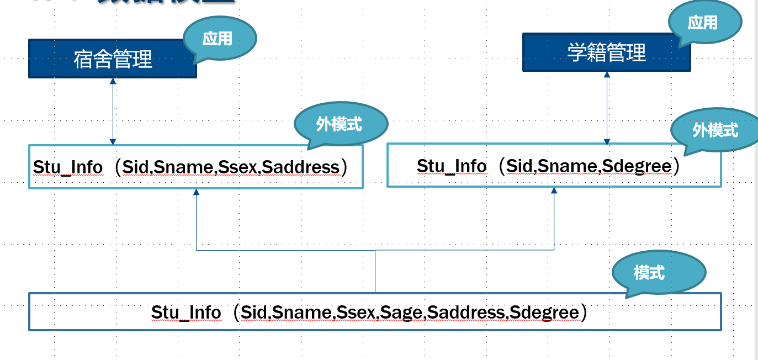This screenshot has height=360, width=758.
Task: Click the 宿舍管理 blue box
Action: point(113,59)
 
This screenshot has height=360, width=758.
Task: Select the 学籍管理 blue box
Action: point(606,52)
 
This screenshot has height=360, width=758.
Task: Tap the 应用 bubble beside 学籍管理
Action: point(703,23)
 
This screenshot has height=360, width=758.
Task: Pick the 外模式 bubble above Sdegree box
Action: point(715,130)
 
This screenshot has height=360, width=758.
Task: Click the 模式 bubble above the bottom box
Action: point(649,272)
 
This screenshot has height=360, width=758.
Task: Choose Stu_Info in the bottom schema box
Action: point(185,313)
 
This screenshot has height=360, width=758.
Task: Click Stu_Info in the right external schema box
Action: point(451,166)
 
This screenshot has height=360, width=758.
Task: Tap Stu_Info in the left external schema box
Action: point(67,167)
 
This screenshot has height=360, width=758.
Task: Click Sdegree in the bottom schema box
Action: point(544,313)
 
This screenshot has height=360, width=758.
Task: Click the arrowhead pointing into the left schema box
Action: point(196,192)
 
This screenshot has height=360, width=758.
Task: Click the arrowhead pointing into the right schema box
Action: point(554,190)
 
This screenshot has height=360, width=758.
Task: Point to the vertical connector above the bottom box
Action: point(375,271)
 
